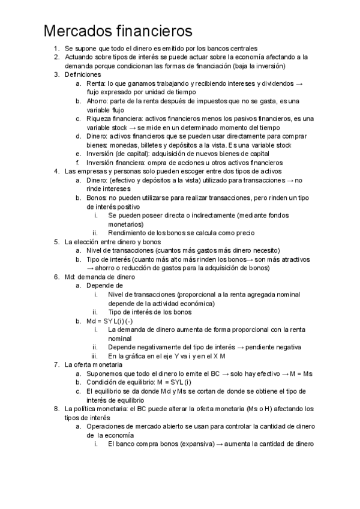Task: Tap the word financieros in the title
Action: [x=158, y=30]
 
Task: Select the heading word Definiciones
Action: [x=83, y=74]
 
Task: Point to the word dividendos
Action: [x=278, y=83]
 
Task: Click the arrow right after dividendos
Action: [x=299, y=83]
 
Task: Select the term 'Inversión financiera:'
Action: [x=115, y=163]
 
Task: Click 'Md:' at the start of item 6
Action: [x=70, y=277]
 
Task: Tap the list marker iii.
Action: [x=95, y=356]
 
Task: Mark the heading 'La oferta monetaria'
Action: [x=94, y=365]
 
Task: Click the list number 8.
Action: [x=56, y=409]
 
